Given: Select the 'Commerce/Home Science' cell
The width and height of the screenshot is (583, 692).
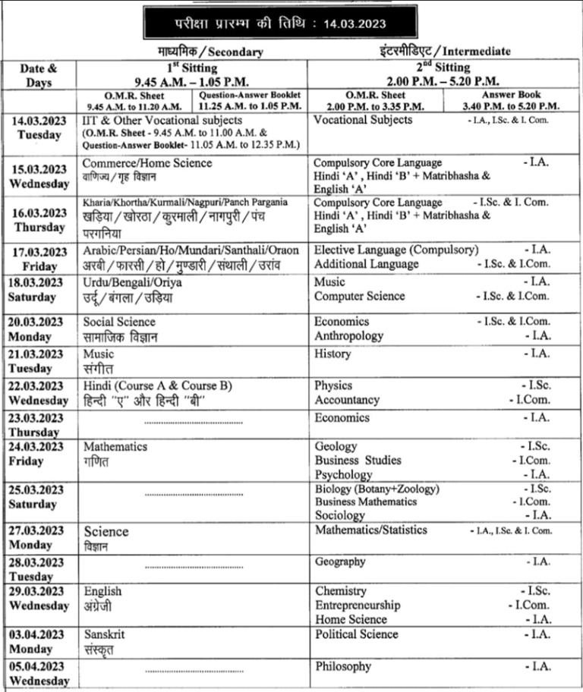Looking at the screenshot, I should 147,163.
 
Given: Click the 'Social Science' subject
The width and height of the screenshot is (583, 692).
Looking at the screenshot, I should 119,322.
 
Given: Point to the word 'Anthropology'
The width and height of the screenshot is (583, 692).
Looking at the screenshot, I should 348,335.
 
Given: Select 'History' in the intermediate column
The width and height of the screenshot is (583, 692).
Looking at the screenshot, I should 332,354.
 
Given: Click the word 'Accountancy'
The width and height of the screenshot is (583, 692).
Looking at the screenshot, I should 347,400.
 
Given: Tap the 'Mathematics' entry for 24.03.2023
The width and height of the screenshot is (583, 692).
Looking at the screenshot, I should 115,446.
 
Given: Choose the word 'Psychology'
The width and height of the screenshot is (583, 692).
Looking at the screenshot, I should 343,474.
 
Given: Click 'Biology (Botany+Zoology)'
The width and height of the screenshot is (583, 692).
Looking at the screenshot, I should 377,489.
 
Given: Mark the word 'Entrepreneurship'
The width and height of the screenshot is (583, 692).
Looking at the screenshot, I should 357,605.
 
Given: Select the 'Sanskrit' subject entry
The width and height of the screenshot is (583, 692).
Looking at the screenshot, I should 105,634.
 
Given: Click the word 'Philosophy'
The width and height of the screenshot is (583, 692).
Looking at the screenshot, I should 343,666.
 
